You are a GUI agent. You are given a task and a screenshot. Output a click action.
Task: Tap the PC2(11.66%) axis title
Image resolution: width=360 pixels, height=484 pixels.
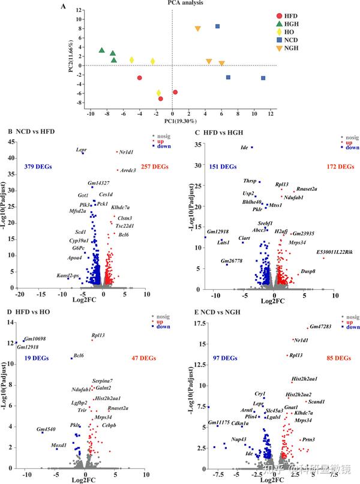click(71, 58)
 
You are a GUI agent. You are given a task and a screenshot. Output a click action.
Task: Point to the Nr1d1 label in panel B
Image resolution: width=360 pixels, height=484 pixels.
click(127, 152)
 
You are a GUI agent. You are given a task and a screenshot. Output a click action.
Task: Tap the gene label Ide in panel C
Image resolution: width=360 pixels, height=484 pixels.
click(244, 148)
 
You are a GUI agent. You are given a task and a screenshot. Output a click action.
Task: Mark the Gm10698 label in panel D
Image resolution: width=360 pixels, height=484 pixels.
click(35, 339)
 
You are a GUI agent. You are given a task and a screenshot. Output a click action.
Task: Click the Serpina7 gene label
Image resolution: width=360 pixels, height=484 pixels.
click(103, 381)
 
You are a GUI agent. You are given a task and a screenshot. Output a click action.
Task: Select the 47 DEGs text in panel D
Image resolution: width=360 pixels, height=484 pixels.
click(144, 358)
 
